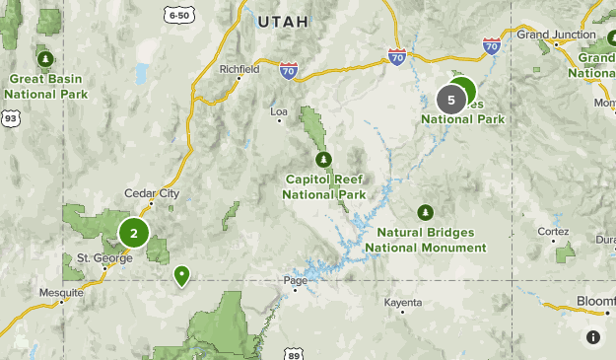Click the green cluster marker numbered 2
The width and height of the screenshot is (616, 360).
click(x=134, y=234)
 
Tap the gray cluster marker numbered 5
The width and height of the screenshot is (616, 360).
click(x=451, y=100)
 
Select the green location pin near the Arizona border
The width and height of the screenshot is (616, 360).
click(x=181, y=275)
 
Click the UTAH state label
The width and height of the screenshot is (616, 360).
click(x=283, y=21)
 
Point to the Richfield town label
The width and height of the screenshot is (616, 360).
click(x=239, y=70)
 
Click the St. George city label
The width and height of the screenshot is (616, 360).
click(x=97, y=258)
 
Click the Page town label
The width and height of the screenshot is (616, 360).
click(x=296, y=280)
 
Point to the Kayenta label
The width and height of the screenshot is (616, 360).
click(x=403, y=301)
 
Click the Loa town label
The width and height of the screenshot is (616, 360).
click(x=279, y=111)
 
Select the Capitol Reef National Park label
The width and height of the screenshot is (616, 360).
click(x=323, y=186)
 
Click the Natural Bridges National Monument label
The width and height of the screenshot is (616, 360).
click(x=425, y=239)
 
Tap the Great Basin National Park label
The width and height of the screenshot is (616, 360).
click(x=45, y=86)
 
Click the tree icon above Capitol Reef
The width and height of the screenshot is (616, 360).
click(x=321, y=159)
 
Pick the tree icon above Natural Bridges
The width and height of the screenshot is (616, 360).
click(x=425, y=212)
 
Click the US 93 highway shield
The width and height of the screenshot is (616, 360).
click(x=11, y=118)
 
